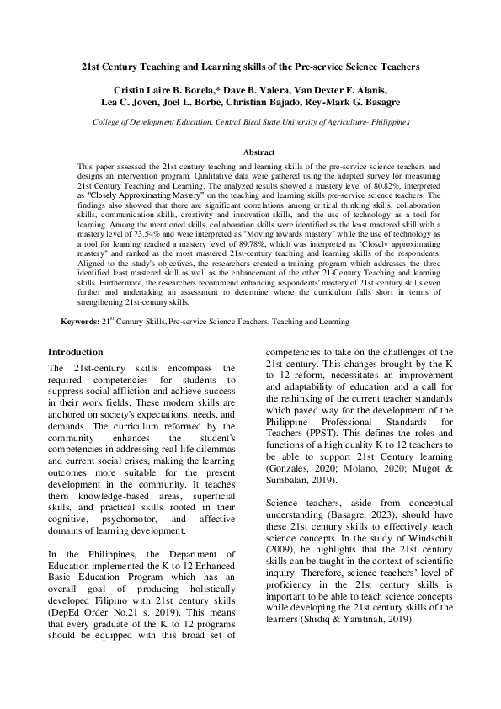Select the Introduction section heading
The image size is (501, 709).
coord(77,351)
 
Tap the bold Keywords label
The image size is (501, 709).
coord(81,322)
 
